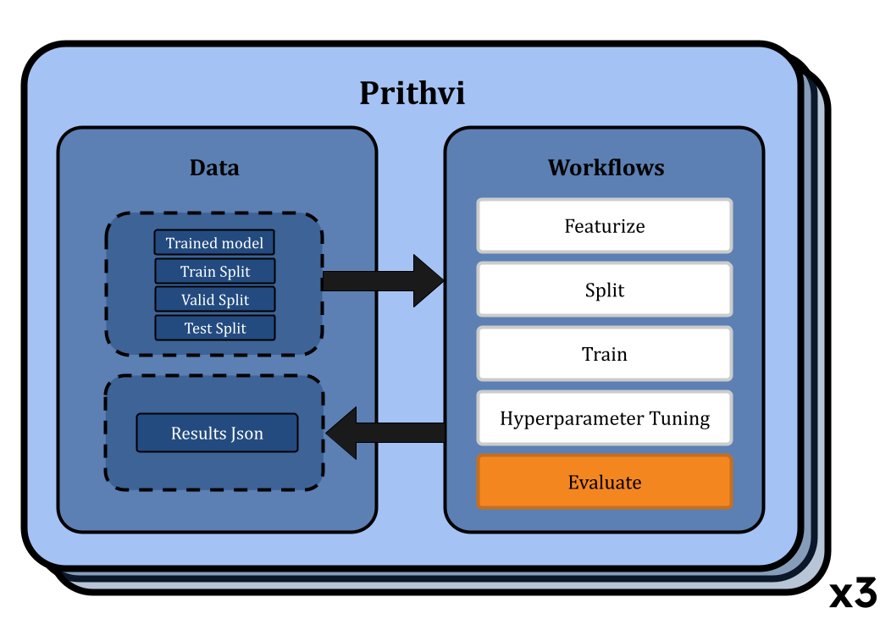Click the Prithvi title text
pyautogui.click(x=412, y=93)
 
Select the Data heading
pyautogui.click(x=214, y=168)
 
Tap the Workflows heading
pyautogui.click(x=606, y=168)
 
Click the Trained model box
pyautogui.click(x=214, y=242)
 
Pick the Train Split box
pyautogui.click(x=215, y=271)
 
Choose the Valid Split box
pyautogui.click(x=215, y=300)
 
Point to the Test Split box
pyautogui.click(x=215, y=328)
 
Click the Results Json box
pyautogui.click(x=217, y=433)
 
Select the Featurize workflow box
pyautogui.click(x=605, y=225)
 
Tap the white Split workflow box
pyautogui.click(x=605, y=290)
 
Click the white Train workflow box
pyautogui.click(x=605, y=354)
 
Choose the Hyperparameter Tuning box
pyautogui.click(x=605, y=418)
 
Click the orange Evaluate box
pyautogui.click(x=605, y=482)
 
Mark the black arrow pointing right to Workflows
pyautogui.click(x=383, y=280)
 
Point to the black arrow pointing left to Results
pyautogui.click(x=385, y=433)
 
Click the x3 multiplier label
pyautogui.click(x=853, y=594)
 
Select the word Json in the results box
pyautogui.click(x=247, y=434)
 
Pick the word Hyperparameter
pyautogui.click(x=572, y=418)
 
